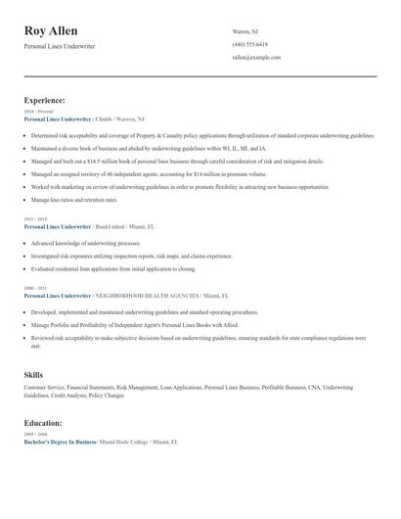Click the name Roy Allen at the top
click(51, 31)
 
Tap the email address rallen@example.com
click(256, 58)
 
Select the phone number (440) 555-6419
click(250, 45)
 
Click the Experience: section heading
click(45, 100)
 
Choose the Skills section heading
click(33, 374)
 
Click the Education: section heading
click(43, 423)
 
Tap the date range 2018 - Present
click(35, 113)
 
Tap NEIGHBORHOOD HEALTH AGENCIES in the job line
click(146, 296)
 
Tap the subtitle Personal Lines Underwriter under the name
click(61, 46)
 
